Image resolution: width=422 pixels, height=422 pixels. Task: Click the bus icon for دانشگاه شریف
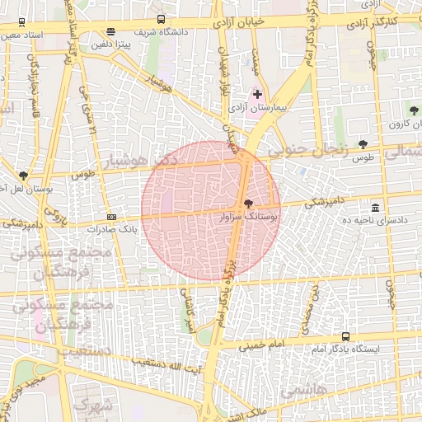point(161,19)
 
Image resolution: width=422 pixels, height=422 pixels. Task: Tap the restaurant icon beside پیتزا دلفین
point(111,32)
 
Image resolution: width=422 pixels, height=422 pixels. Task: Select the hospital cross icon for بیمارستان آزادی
point(258,95)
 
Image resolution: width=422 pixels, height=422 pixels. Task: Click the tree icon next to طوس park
point(363,143)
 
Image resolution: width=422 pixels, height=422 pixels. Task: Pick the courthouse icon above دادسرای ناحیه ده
point(376,207)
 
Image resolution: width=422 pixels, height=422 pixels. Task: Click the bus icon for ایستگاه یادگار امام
point(345,336)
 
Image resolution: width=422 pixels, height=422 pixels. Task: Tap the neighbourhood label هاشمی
point(303,391)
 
